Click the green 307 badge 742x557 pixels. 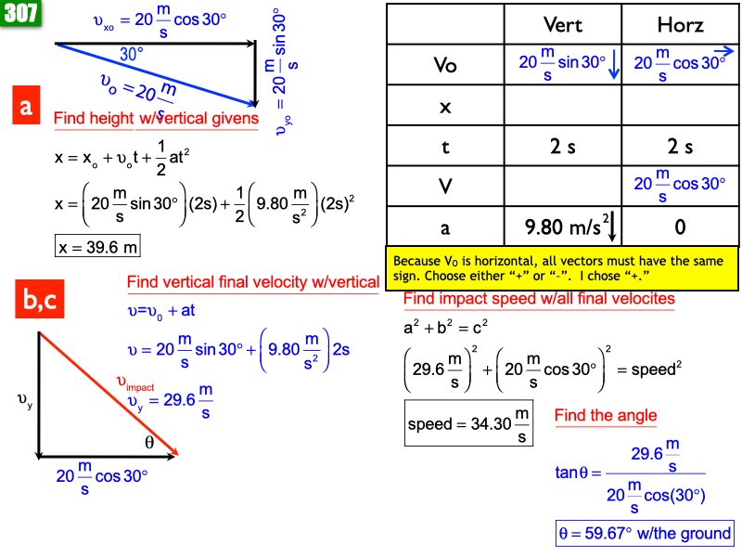tap(20, 12)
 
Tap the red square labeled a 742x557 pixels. tap(26, 105)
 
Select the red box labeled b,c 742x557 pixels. tap(39, 299)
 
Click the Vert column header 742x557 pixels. tap(563, 25)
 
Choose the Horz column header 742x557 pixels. tap(680, 25)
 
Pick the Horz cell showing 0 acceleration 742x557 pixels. tap(680, 227)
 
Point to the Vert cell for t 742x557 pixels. tap(563, 147)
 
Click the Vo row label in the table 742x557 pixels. tap(445, 65)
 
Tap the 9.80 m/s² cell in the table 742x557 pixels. tap(563, 227)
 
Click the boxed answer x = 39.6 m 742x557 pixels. tap(97, 246)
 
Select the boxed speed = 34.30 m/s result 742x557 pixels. tap(468, 423)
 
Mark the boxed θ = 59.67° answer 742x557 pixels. tap(645, 533)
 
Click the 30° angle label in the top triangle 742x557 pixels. tap(131, 55)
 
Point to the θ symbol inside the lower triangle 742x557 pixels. tap(149, 443)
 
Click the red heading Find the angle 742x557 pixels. tap(606, 415)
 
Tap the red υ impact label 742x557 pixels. tap(135, 383)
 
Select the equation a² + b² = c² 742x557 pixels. tap(445, 327)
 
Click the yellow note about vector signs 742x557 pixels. tap(562, 268)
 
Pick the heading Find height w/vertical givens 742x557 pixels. tap(156, 118)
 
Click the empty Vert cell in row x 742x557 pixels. tap(563, 106)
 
